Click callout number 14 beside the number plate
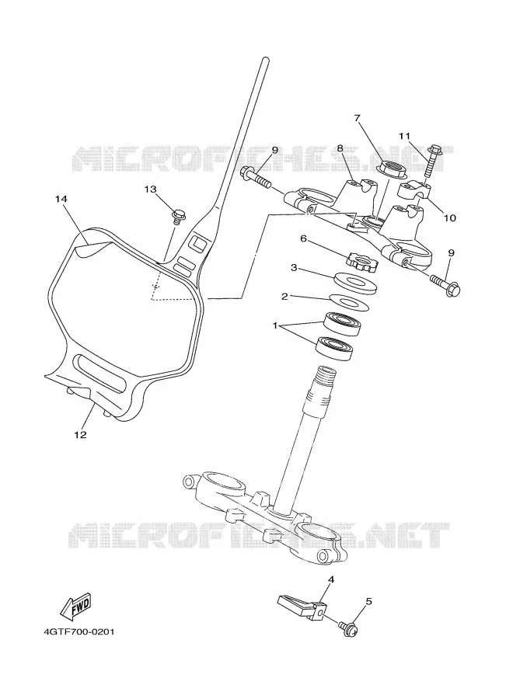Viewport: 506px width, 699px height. (x=61, y=199)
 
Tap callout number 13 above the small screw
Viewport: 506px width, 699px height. (x=151, y=189)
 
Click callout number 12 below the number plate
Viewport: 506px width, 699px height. (x=80, y=435)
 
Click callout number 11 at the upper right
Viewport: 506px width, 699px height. (x=404, y=135)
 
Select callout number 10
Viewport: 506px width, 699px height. (x=450, y=217)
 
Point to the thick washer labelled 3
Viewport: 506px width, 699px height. (x=356, y=282)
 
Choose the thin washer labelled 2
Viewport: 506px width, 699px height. (x=350, y=302)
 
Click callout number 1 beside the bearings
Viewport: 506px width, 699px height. (x=275, y=326)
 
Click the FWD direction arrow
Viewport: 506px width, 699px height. (x=76, y=607)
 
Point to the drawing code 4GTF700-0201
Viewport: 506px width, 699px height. (x=79, y=631)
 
